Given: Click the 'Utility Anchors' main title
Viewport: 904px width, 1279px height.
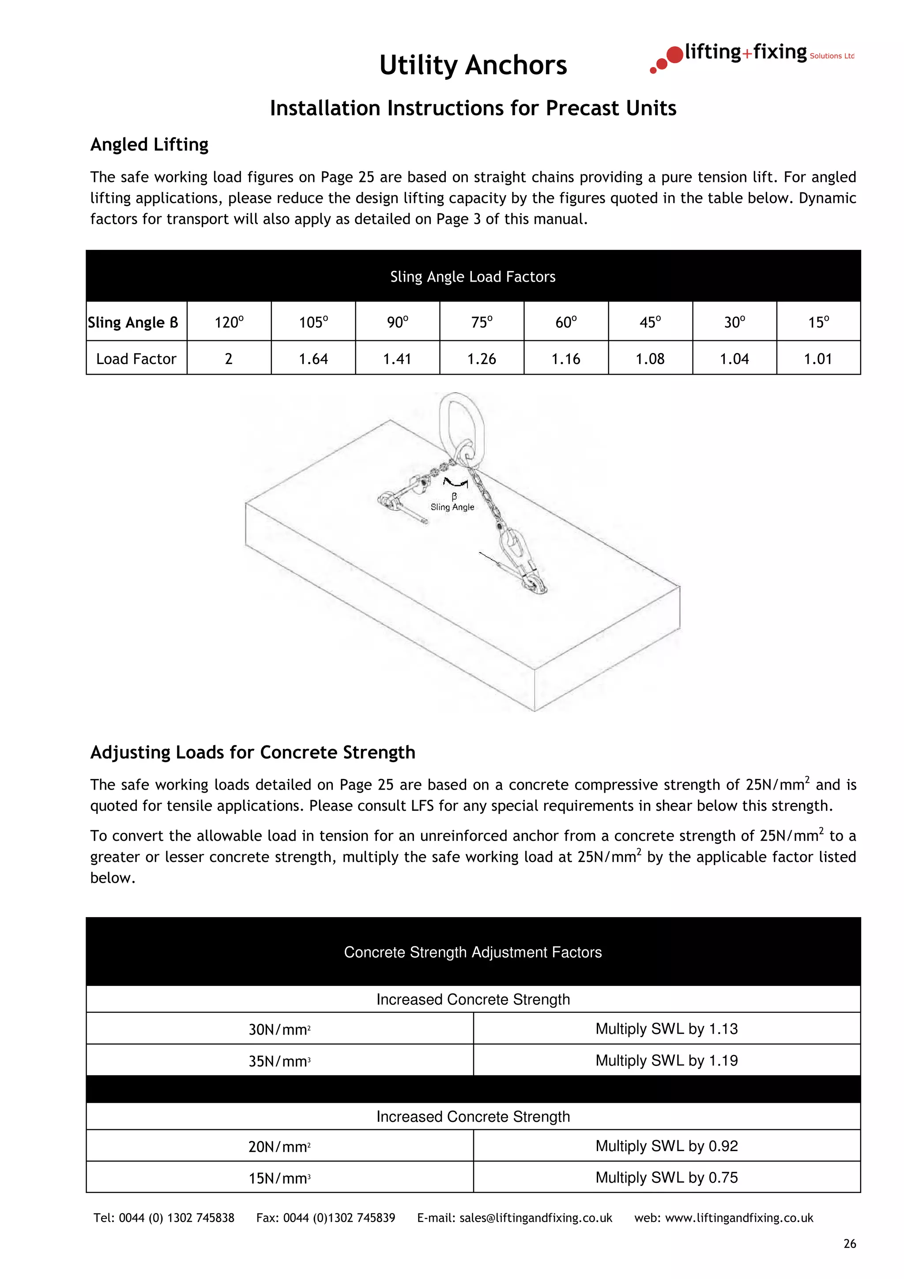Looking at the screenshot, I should click(473, 65).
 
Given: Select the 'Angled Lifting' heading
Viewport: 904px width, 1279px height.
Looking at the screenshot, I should click(149, 144).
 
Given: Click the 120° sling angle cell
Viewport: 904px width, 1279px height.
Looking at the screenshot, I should click(229, 322).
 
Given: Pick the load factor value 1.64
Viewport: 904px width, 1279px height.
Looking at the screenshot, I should click(313, 359).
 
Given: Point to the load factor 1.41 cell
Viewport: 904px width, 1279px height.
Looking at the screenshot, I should click(397, 359).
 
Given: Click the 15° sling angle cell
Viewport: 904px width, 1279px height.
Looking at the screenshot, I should click(818, 322).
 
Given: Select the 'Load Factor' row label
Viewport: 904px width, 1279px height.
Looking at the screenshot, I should click(136, 359).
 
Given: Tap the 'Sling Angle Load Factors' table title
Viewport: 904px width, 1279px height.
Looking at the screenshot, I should click(473, 277).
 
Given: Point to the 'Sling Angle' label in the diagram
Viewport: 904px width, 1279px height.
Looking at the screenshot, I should click(452, 507).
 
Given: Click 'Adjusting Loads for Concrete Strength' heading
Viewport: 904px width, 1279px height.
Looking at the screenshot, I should click(253, 752).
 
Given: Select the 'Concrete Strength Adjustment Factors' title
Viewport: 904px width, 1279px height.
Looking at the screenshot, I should click(473, 952).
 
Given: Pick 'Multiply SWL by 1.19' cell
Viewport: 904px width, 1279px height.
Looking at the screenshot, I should click(666, 1061).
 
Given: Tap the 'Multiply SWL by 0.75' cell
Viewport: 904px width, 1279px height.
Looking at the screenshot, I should click(666, 1177).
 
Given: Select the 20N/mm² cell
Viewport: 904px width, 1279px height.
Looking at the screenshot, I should click(279, 1147).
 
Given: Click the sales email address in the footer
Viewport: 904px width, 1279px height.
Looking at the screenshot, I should click(515, 1218).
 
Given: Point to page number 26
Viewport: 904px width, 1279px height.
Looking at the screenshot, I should click(849, 1244).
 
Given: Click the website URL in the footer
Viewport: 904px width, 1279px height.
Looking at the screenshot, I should click(723, 1218).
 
